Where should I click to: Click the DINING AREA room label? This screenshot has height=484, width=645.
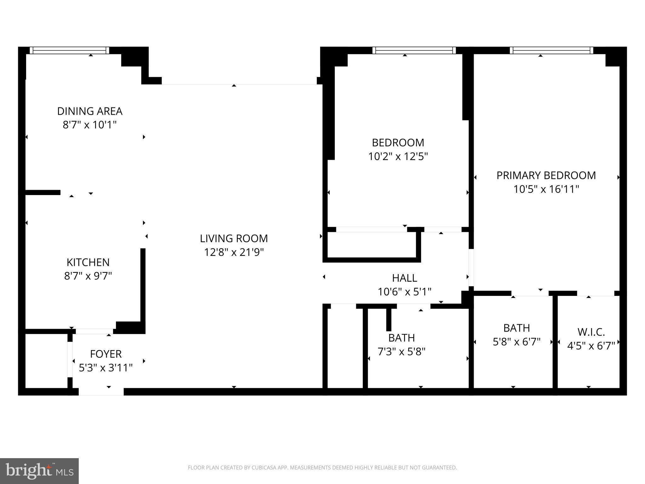coord(90,111)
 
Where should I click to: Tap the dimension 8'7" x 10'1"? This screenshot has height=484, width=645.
coord(90,125)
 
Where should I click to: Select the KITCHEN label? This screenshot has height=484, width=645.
coord(88,262)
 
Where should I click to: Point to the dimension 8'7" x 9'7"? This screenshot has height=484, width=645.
coord(88,276)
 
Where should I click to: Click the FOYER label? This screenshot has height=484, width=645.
coord(106,354)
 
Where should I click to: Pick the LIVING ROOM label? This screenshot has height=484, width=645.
coord(234,239)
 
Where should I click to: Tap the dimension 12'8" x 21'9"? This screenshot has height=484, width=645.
coord(234,252)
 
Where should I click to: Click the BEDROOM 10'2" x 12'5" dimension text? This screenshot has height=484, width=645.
coord(398,157)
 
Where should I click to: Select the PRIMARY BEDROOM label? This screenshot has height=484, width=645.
coord(546,176)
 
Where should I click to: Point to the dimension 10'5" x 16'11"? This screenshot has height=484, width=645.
coord(546,189)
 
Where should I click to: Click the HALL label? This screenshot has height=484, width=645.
coord(405,278)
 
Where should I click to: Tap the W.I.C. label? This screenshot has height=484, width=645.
coord(591,332)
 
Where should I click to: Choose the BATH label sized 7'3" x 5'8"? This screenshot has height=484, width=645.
coord(402,338)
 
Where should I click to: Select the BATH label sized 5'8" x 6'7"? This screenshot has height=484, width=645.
coord(517,328)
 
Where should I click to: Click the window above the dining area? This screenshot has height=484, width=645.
coord(70,50)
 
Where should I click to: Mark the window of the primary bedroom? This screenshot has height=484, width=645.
coord(551,50)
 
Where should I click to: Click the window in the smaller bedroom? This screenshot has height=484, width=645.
coord(414,50)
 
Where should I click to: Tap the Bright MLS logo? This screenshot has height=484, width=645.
coord(39,471)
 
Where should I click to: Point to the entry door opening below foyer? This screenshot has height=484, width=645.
coord(101,391)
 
